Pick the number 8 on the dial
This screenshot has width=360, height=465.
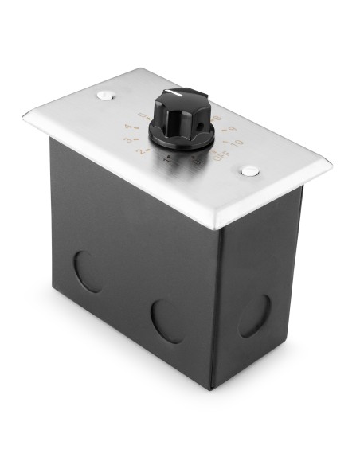click(x=217, y=117)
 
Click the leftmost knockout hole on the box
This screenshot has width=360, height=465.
click(x=88, y=271)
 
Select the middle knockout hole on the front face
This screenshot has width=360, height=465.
click(x=167, y=321)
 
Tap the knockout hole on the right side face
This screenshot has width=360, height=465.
click(x=255, y=315)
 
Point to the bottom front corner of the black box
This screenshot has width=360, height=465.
click(x=210, y=388)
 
